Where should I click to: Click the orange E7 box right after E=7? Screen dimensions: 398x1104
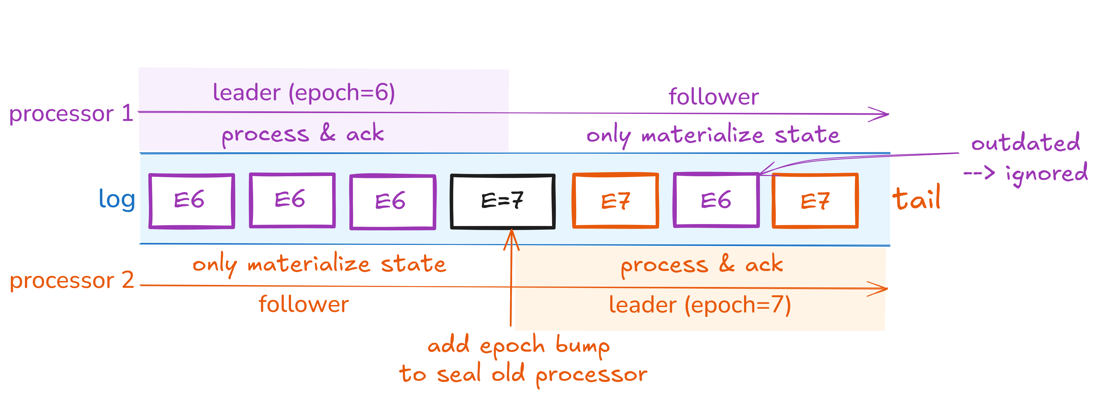[615, 201]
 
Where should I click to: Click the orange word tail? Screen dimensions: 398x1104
[916, 199]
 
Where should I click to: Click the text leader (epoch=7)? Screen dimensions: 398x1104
[699, 305]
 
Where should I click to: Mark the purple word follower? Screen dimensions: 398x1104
[714, 97]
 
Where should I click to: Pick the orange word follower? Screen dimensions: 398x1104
[303, 304]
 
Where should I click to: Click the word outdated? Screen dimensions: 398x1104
[1025, 143]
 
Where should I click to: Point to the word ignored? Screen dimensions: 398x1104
[1046, 174]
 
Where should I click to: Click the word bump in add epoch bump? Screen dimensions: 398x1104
[582, 346]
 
